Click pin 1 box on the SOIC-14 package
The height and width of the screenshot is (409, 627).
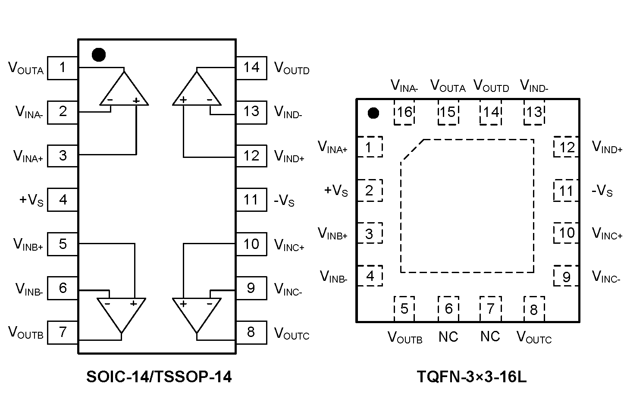63,68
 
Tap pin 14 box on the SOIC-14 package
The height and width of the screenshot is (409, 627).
251,68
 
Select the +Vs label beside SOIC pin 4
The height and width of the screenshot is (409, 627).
31,200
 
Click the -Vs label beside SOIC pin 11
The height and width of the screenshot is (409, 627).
284,201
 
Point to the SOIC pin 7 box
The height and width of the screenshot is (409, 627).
63,332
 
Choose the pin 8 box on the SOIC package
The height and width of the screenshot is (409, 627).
251,332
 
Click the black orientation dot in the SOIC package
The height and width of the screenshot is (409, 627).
99,54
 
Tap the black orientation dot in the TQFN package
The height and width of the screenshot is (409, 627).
373,113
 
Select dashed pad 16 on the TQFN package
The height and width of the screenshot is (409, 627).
404,113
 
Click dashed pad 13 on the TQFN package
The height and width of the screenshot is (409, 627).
534,113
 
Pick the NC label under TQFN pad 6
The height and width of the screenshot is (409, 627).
448,337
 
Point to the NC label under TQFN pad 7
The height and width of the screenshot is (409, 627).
490,337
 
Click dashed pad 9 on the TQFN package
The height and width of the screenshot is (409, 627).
566,277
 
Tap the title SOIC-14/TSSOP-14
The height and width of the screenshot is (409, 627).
159,377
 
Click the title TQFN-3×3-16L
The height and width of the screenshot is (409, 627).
472,377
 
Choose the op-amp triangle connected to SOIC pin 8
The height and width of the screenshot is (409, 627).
197,312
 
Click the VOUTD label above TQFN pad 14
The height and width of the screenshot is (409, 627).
491,86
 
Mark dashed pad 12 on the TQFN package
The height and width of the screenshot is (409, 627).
566,148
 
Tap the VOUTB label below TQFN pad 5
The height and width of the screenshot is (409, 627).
405,337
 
